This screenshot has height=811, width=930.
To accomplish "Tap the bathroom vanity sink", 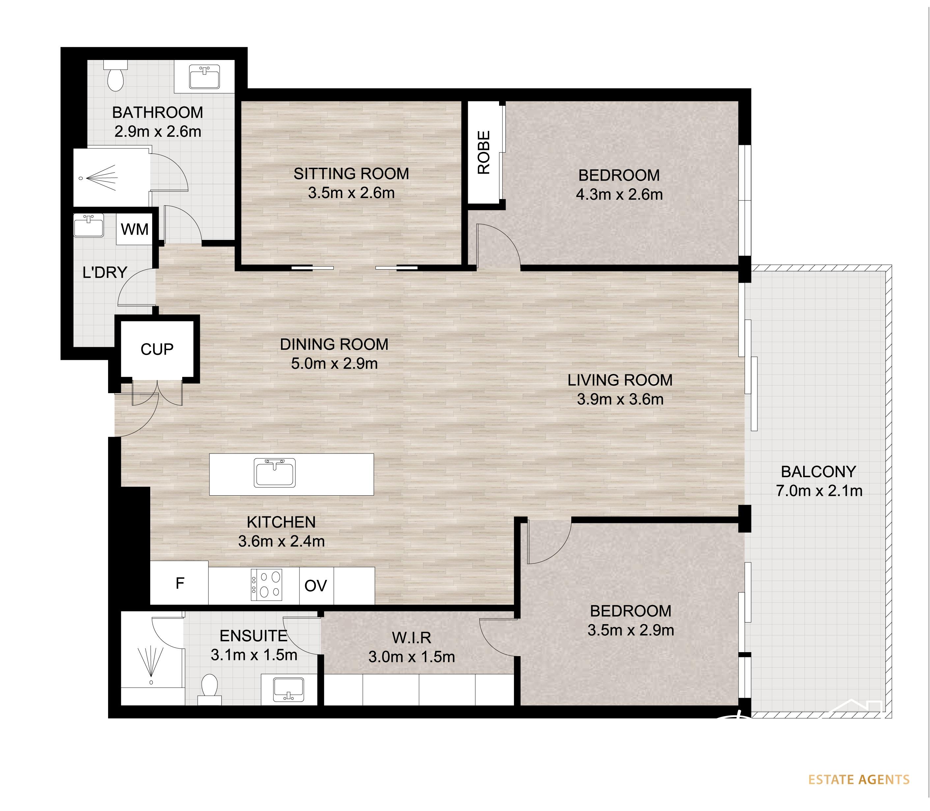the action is (x=205, y=76).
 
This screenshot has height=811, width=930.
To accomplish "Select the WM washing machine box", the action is (x=134, y=229).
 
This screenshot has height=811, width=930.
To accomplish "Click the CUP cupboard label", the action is (x=157, y=349).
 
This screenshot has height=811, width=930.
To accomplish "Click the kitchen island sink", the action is (x=274, y=473).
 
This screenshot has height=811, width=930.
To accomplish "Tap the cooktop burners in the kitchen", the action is (x=267, y=585).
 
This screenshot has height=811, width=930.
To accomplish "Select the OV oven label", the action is (x=316, y=586).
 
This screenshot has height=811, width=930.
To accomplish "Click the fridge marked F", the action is (x=179, y=583).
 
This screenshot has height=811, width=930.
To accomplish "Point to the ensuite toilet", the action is (x=210, y=689).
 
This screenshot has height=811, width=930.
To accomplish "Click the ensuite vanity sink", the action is (x=289, y=690).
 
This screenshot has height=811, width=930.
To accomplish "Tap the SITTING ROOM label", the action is (x=351, y=173).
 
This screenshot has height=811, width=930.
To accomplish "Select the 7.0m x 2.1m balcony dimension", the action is (x=819, y=491).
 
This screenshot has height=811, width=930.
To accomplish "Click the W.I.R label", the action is (x=411, y=637).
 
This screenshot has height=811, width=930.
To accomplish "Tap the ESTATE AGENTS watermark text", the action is (x=859, y=779).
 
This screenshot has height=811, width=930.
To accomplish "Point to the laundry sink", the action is (x=89, y=225).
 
